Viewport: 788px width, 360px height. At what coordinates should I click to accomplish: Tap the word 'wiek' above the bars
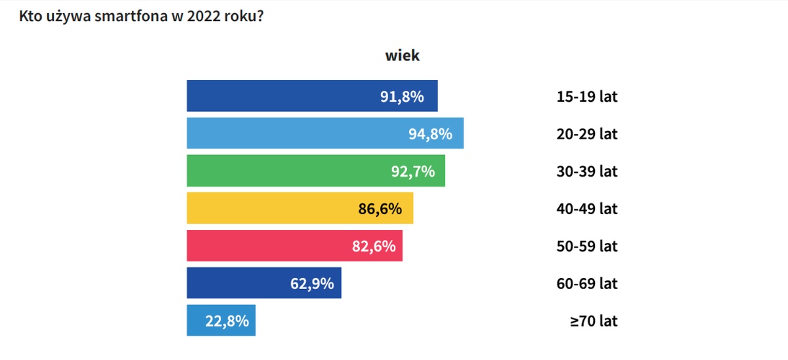[402, 55]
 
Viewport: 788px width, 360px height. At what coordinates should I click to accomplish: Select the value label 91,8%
[402, 97]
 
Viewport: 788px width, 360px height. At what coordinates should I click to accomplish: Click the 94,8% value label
[430, 134]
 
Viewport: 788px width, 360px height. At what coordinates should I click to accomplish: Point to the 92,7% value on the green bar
[413, 171]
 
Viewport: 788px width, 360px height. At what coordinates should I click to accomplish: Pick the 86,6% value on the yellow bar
[380, 209]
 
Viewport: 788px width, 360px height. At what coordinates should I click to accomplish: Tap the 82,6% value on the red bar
[374, 246]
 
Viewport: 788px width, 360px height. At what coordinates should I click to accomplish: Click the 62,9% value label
[312, 284]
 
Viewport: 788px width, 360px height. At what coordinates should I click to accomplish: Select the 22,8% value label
[227, 321]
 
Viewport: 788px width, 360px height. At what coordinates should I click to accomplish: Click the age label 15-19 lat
[586, 97]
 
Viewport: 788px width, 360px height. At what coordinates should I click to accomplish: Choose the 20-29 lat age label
[586, 134]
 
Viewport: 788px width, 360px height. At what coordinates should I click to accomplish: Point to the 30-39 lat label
[586, 171]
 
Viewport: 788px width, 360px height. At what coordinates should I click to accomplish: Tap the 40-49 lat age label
[586, 209]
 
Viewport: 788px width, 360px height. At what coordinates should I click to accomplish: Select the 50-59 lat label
[586, 246]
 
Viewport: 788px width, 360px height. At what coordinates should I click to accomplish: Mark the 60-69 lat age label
[586, 284]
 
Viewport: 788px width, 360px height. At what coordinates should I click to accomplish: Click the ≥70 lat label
[594, 321]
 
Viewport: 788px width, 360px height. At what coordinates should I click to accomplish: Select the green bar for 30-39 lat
[276, 171]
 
